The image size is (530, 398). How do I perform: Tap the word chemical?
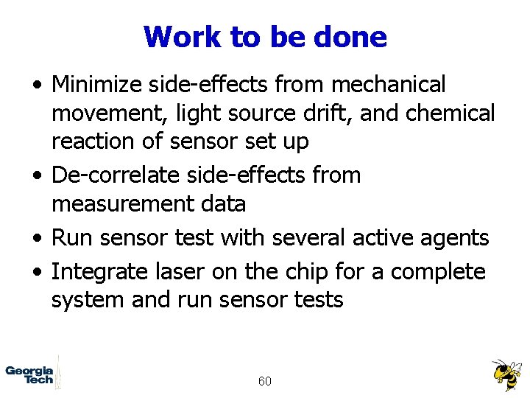pyautogui.click(x=458, y=114)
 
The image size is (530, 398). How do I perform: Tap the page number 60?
pyautogui.click(x=265, y=381)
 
